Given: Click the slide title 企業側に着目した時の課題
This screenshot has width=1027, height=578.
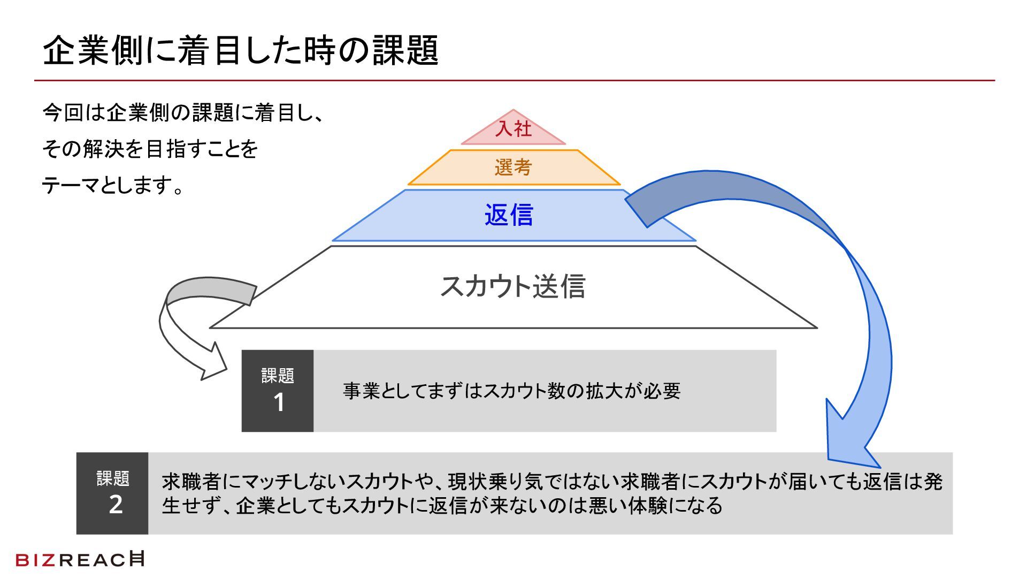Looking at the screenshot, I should pos(241,51).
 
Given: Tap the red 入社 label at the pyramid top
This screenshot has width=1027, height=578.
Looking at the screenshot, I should pos(513,129).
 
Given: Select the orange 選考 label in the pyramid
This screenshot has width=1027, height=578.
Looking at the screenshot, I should pos(513,168).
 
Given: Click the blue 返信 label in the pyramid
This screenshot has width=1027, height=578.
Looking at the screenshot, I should pos(509,215).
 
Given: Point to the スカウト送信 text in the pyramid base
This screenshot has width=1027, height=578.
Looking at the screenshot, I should pos(512,286).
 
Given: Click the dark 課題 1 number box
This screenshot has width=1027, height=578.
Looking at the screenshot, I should pos(278,391).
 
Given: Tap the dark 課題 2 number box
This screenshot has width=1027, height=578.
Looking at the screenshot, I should pos(112,493).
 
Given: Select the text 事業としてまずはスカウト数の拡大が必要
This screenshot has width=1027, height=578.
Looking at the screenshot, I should pos(511,391).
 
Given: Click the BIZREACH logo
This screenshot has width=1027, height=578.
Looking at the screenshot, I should pos(80,559).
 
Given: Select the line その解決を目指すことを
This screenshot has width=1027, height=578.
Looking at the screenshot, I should pos(150,149).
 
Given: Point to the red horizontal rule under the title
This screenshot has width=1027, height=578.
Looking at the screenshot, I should pos(513,81).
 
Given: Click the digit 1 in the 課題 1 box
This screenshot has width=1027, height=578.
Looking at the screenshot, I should pos(279,402).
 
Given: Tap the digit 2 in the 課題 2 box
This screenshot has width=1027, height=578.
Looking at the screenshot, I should pos(116,505).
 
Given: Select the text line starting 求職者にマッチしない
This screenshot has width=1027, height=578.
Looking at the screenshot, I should pos(551,482).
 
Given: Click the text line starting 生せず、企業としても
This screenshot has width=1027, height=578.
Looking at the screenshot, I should pos(442,506).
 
